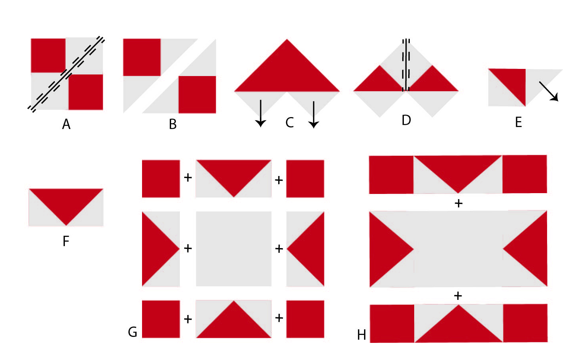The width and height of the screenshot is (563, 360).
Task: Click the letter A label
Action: pos(66,124)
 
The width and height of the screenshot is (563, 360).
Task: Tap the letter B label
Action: pos(173,124)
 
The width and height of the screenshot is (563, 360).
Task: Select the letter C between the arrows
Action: pos(290,123)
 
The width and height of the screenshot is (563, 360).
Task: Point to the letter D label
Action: pos(406,120)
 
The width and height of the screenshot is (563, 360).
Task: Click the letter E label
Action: pos(518,123)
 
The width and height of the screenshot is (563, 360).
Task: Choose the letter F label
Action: pos(66,241)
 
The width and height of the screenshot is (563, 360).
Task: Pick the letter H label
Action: pos(361,335)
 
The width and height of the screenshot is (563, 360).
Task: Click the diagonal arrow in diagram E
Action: pos(549,91)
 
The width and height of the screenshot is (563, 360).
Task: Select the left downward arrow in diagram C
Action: pos(261,113)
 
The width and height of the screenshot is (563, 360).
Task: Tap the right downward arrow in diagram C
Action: pos(314,115)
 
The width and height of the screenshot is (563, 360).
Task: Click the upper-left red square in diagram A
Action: pos(48,56)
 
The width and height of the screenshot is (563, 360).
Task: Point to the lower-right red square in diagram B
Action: pos(197,95)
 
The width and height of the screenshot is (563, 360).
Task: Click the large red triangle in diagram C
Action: pos(287,73)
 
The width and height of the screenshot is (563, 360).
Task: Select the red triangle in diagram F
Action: pos(66,201)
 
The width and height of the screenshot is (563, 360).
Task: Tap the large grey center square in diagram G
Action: pos(234,249)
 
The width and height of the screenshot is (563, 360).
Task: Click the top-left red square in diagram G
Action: pos(161,179)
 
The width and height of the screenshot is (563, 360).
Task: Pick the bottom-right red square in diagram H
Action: pos(525,323)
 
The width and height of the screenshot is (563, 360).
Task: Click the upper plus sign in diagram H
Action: pos(459,203)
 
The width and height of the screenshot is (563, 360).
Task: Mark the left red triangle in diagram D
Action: pos(379,81)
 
